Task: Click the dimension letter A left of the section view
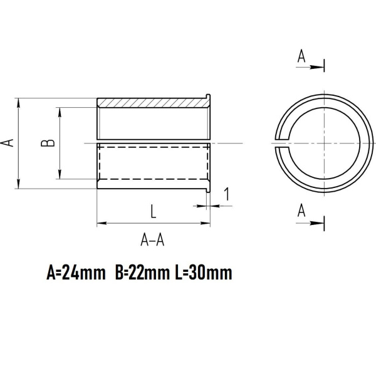[x=8, y=143]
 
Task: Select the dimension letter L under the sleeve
[x=153, y=211]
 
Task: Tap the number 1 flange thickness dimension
[x=226, y=195]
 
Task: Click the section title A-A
[x=153, y=239]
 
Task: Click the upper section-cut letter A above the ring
[x=301, y=57]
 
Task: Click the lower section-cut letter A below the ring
[x=301, y=211]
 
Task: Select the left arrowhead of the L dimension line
[x=101, y=222]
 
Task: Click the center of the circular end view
[x=323, y=143]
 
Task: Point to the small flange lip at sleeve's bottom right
[x=208, y=187]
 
